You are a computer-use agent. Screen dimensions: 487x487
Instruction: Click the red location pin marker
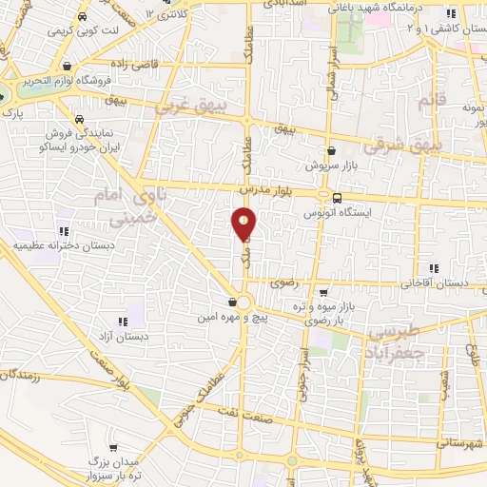[x=244, y=224]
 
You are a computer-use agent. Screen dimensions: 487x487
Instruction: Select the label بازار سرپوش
[x=330, y=166]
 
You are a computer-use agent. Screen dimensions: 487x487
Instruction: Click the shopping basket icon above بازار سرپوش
[x=331, y=150]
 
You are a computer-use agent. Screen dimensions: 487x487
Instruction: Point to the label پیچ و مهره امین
[x=234, y=319]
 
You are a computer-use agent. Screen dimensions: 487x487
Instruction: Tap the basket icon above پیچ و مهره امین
[x=232, y=303]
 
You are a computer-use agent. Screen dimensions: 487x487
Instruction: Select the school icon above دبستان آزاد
[x=121, y=321]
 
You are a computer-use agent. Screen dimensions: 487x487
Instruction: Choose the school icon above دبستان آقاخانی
[x=435, y=268]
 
